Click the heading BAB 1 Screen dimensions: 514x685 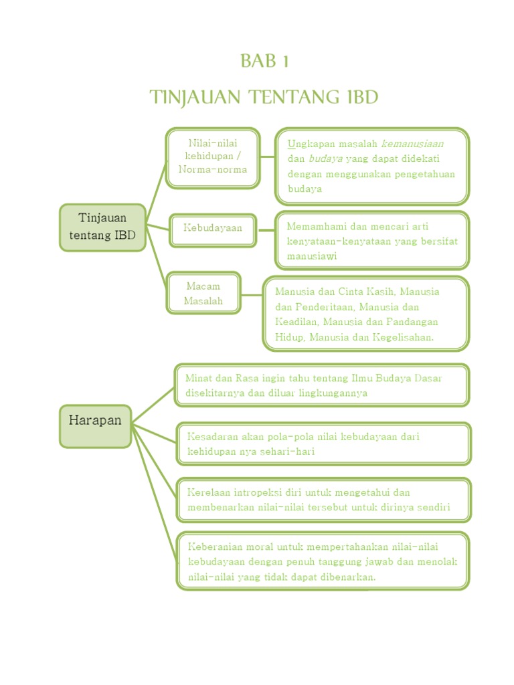[264, 62]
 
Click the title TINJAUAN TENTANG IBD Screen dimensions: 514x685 [264, 98]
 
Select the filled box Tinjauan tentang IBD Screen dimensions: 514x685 [102, 227]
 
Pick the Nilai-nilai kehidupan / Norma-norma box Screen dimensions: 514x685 [213, 157]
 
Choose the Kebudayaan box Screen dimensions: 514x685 [213, 228]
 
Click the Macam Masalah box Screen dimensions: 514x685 [203, 294]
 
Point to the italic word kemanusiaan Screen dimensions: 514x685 [412, 144]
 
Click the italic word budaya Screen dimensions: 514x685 [325, 159]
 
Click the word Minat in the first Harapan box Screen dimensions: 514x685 [199, 379]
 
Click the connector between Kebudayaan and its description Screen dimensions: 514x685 [266, 229]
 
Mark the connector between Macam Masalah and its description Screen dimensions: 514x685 [252, 294]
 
